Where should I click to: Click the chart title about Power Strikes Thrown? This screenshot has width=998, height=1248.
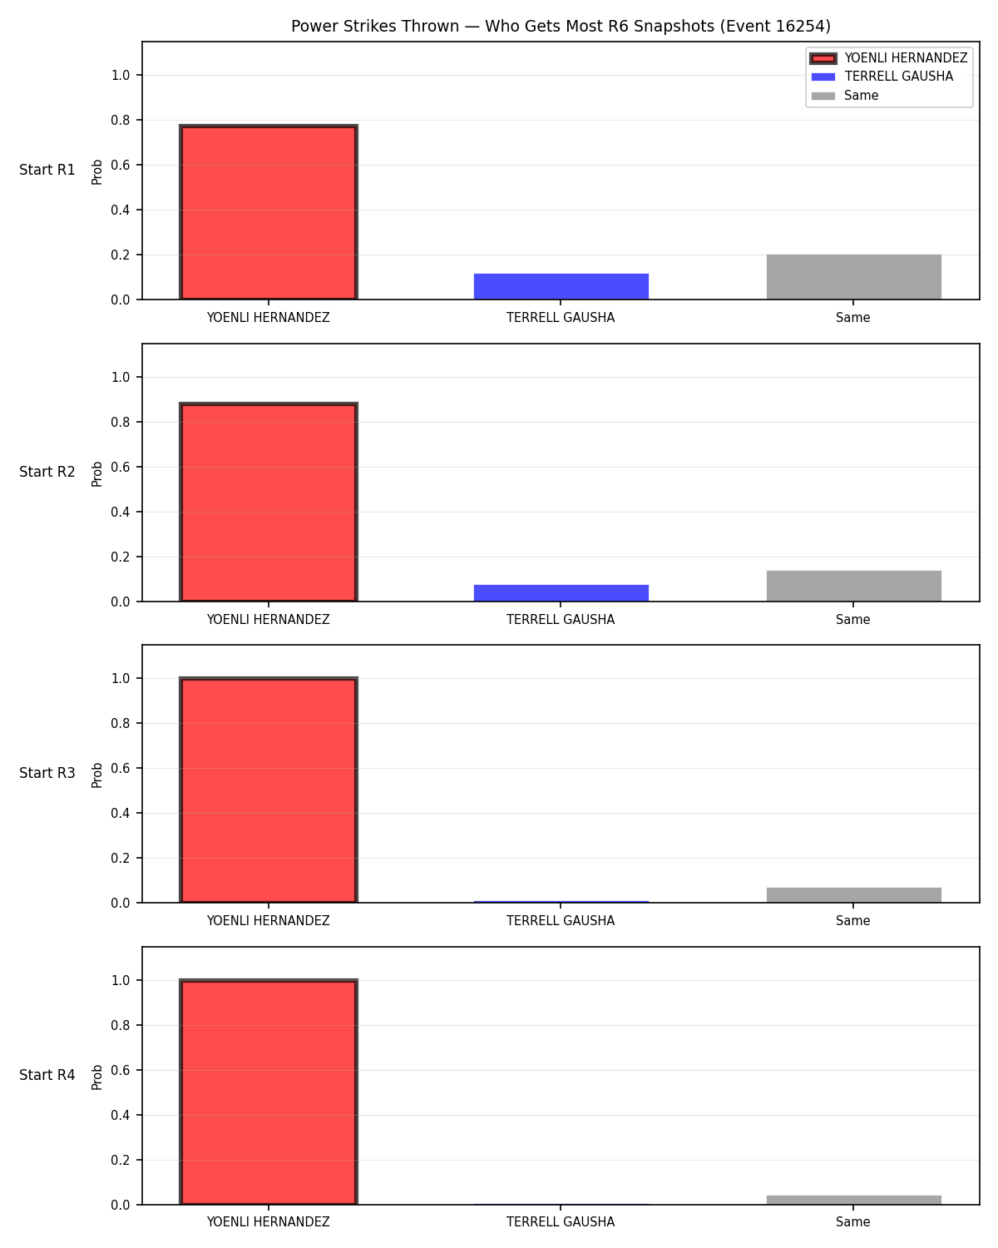(x=561, y=26)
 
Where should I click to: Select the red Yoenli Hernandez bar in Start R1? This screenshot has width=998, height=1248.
(x=269, y=211)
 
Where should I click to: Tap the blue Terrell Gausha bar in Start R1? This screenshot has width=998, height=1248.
(x=561, y=286)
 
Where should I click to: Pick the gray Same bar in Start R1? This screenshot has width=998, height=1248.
(x=853, y=276)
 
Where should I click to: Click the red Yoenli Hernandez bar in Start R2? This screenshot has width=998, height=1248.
(x=269, y=502)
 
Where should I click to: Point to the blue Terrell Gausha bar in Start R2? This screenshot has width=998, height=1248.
(x=561, y=592)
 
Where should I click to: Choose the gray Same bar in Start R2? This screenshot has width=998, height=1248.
(x=853, y=586)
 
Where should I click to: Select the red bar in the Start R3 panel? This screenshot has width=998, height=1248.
(x=269, y=790)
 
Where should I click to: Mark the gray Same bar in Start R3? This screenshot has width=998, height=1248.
(x=853, y=895)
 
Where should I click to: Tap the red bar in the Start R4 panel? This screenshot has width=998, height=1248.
(x=269, y=1092)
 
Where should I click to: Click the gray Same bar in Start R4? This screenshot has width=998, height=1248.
(x=853, y=1200)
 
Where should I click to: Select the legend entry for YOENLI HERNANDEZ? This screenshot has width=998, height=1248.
(x=888, y=58)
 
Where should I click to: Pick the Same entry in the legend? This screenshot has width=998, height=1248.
(x=845, y=96)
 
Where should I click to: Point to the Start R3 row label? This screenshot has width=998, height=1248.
(x=47, y=773)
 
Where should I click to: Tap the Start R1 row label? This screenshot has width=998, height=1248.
(x=47, y=170)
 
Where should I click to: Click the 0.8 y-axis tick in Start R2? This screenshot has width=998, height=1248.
(x=121, y=422)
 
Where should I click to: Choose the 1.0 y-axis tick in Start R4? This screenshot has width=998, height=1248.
(x=121, y=981)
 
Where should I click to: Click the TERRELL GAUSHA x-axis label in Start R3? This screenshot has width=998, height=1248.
(x=561, y=920)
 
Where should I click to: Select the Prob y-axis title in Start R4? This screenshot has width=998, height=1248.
(x=96, y=1077)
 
